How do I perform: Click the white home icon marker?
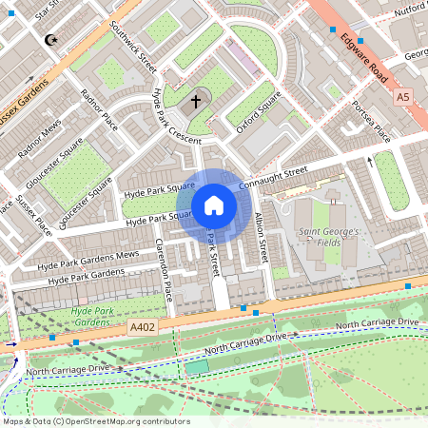coord(214,205)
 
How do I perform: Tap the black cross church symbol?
coord(197,99)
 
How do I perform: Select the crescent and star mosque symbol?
coord(50,40)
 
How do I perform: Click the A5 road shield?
coord(403,97)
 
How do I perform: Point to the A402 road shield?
coord(143,325)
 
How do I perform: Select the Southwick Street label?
coord(132,46)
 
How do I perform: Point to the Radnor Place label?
coord(99,109)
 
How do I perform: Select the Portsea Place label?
coord(372,119)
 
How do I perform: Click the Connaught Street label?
coord(274,177)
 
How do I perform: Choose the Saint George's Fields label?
coord(328,238)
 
